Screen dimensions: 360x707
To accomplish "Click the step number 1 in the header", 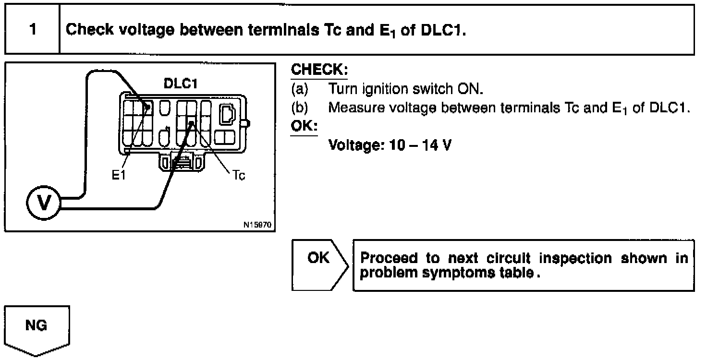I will click(x=33, y=30).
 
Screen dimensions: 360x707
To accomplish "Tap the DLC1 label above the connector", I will click(x=181, y=84).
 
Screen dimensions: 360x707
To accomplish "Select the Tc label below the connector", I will click(x=239, y=176).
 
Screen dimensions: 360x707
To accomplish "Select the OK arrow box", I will click(x=319, y=264).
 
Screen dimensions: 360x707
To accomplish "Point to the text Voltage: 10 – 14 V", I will click(x=390, y=144).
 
